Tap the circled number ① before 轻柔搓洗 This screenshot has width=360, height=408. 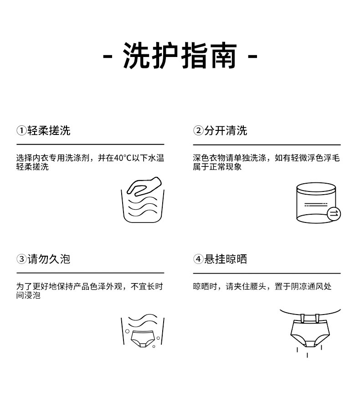coord(21,131)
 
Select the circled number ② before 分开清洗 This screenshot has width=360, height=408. coord(198,131)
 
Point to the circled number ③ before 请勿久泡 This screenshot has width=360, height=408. coord(21,259)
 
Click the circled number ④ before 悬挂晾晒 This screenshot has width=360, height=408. coord(198,259)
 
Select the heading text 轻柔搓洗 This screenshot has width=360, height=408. coord(49,131)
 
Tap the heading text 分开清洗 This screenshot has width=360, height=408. coord(226,131)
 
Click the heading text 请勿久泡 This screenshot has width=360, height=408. coord(49,259)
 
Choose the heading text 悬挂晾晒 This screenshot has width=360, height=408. coord(226,259)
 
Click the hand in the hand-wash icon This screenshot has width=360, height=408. coord(144,186)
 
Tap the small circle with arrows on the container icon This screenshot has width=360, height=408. coord(334,213)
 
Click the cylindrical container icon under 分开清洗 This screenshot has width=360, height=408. coord(315,203)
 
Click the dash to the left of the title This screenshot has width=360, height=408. coord(108,57)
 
